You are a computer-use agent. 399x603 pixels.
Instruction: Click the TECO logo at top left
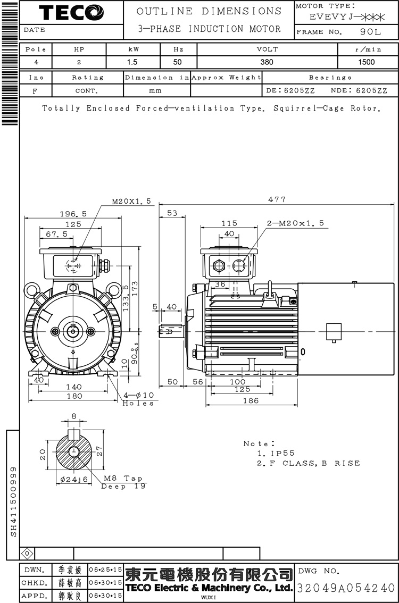71,12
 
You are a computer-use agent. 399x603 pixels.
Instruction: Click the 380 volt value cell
267,62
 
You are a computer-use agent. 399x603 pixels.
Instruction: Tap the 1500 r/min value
367,62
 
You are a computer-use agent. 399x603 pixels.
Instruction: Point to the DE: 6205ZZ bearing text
290,90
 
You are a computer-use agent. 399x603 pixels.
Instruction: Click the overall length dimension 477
277,199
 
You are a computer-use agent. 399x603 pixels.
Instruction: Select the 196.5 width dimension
73,213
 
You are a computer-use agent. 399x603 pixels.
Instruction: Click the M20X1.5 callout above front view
131,202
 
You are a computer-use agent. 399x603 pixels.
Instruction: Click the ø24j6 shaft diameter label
70,479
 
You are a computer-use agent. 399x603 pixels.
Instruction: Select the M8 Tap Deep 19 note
123,482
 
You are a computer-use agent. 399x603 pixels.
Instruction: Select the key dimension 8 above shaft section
74,416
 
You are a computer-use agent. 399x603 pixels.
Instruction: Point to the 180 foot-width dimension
74,396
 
